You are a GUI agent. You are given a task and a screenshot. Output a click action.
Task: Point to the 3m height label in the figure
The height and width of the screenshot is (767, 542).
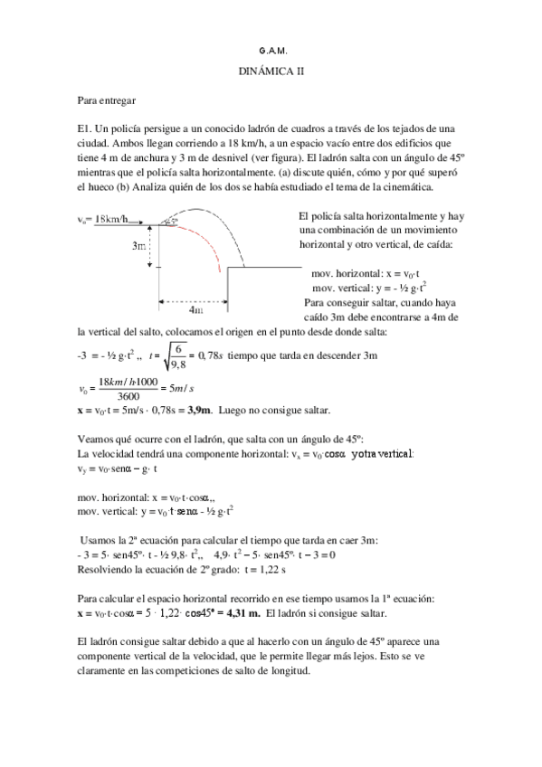[139, 245]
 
